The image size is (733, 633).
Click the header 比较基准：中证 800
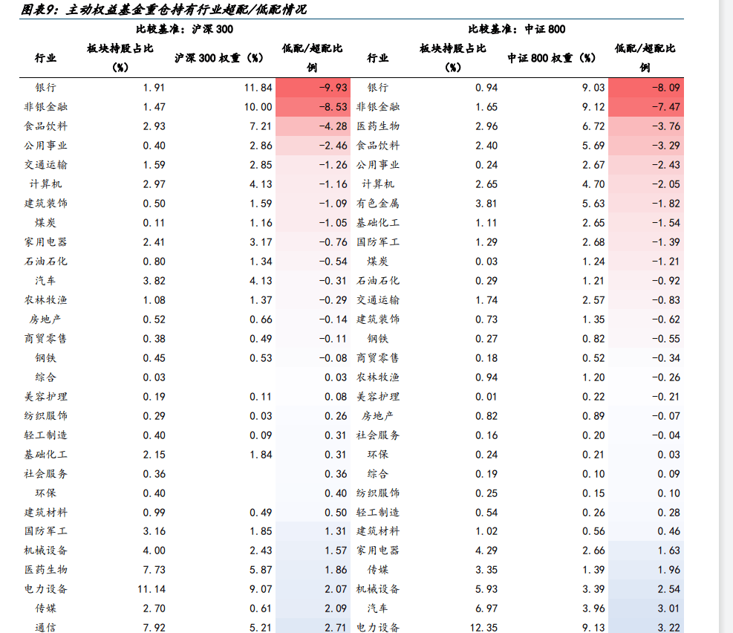pos(516,30)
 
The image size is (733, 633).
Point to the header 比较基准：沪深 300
pos(183,30)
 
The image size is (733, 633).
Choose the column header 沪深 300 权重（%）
pos(220,58)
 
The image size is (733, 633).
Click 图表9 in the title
pos(40,10)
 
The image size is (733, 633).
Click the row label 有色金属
pos(378,204)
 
